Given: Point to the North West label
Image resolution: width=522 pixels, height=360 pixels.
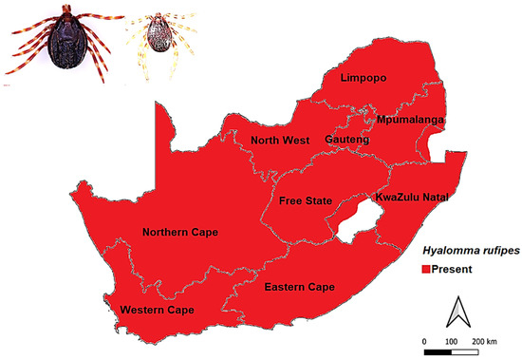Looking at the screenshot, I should pyautogui.click(x=278, y=141).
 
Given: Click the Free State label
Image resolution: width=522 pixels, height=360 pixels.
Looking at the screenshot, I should pyautogui.click(x=305, y=201).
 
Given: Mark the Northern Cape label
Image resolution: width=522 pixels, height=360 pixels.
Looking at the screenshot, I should pyautogui.click(x=180, y=232).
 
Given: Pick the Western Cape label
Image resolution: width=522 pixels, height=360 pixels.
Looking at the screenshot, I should pyautogui.click(x=157, y=311).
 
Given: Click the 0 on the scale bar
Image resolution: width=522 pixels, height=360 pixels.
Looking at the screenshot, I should pyautogui.click(x=424, y=339).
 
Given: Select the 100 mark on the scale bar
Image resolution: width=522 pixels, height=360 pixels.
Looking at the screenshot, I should pyautogui.click(x=452, y=339).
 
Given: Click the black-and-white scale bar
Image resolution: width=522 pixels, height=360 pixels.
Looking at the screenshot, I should pyautogui.click(x=453, y=351).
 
